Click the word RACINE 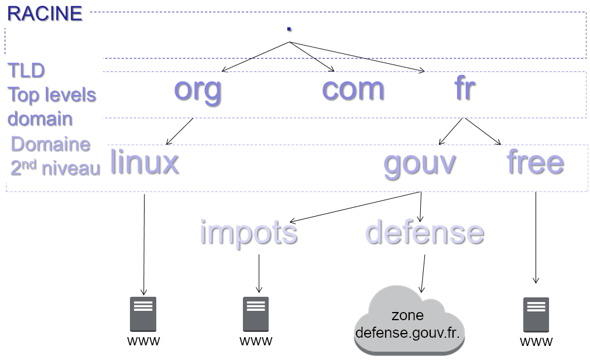[44, 13]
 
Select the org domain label [198, 89]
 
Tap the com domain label [353, 89]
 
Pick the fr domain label [464, 89]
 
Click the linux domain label [144, 162]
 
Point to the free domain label [535, 162]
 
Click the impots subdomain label [249, 232]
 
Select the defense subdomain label [425, 232]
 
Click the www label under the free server [536, 341]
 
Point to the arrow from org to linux [180, 131]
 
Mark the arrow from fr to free [483, 131]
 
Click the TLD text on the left [26, 71]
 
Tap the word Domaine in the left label [51, 144]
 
